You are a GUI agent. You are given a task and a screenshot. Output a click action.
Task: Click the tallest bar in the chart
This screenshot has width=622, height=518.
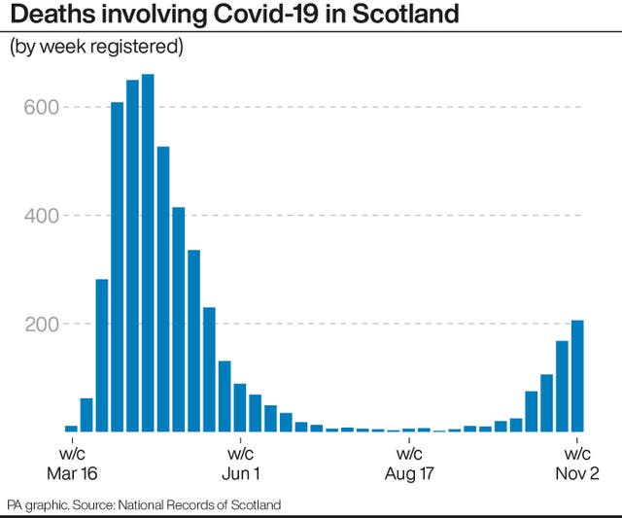pos(148,253)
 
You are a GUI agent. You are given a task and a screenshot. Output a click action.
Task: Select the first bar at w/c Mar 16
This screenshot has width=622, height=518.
pos(71,428)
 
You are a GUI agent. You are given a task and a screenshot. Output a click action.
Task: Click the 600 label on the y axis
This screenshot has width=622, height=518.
pos(42,107)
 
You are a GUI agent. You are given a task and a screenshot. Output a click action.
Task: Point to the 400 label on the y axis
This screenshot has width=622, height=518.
pos(42,215)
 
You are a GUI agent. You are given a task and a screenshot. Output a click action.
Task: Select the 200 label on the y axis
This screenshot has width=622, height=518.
pos(42,323)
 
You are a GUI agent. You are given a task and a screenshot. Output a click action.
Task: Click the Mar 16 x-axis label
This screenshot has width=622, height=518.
pos(70,473)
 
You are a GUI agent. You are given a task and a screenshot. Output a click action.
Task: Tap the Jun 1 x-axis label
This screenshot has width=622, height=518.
pos(240,473)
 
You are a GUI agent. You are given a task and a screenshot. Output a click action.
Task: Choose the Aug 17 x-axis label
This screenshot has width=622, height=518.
pos(409,473)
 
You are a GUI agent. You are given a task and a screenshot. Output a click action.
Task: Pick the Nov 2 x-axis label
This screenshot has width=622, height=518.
pos(577,473)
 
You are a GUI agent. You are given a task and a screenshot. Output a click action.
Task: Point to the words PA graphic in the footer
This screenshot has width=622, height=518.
pos(35,504)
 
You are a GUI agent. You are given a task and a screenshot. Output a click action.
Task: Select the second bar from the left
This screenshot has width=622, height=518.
pos(86,415)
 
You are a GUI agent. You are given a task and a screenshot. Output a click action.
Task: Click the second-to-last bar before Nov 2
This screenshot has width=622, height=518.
pos(562,386)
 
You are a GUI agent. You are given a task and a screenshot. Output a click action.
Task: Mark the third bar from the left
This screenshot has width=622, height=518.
pos(102,355)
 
